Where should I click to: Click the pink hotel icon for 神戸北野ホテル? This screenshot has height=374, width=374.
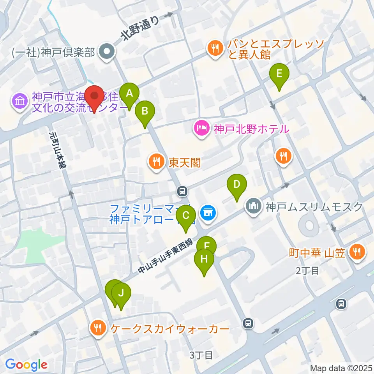click(201, 128)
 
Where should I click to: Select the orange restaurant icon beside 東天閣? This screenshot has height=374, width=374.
click(157, 162)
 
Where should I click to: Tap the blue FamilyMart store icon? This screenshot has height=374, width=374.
click(207, 213)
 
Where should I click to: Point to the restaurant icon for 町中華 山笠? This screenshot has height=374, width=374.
click(356, 252)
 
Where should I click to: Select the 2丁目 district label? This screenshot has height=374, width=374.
click(307, 271)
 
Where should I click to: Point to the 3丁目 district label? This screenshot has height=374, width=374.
click(201, 355)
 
